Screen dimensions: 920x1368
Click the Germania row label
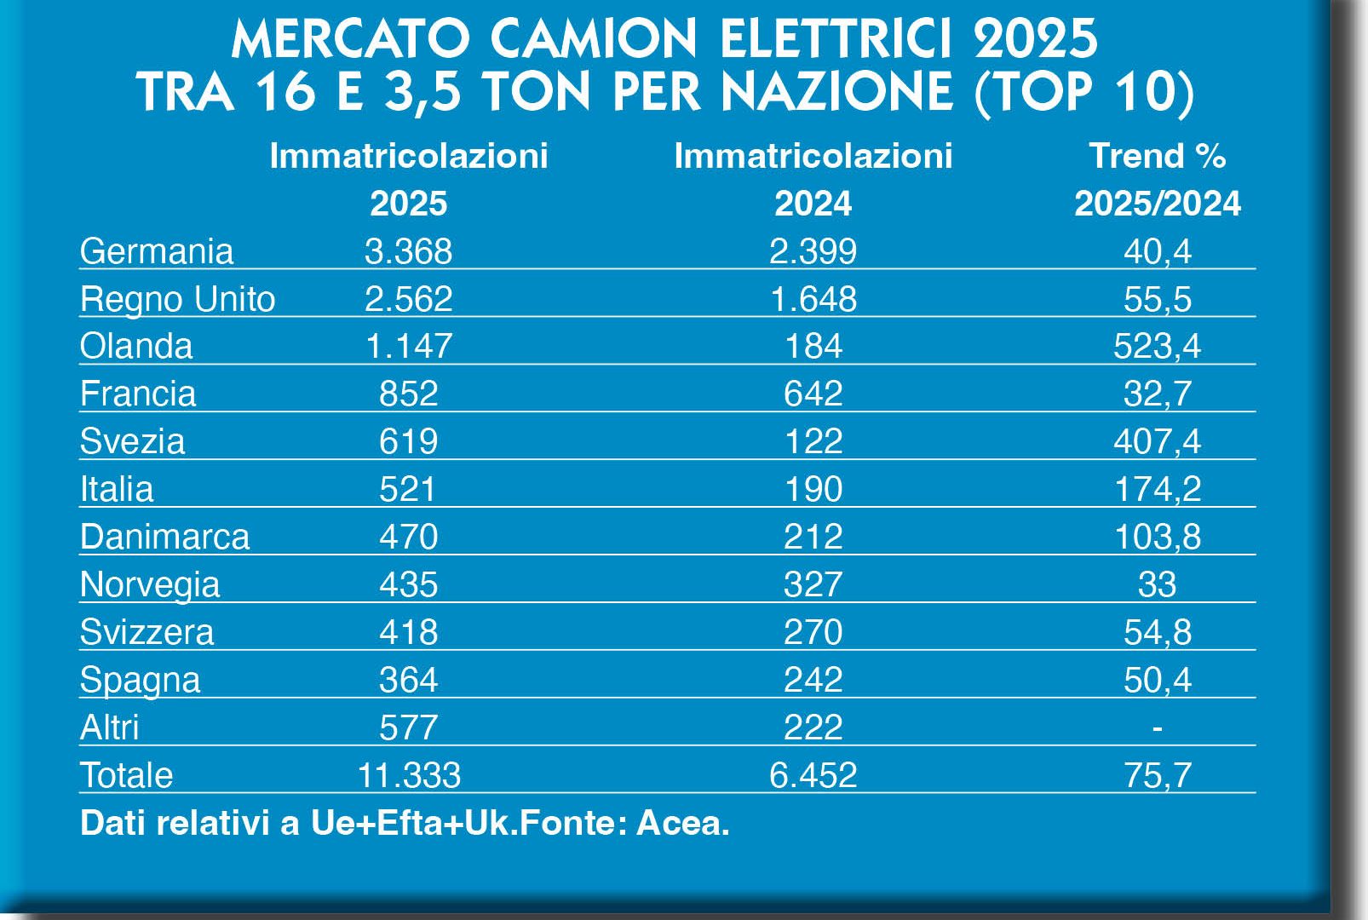point(156,251)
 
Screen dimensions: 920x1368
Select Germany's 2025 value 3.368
point(408,251)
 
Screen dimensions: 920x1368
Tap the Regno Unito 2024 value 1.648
point(813,299)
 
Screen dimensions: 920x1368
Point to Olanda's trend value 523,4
point(1157,346)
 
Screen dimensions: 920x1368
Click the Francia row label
point(138,394)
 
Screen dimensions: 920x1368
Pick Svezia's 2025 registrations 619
point(408,441)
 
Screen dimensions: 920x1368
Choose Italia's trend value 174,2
point(1157,489)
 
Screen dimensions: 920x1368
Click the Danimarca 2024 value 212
point(813,537)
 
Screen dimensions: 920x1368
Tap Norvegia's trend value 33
point(1157,584)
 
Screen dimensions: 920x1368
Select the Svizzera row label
point(147,632)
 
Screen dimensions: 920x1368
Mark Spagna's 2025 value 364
point(408,680)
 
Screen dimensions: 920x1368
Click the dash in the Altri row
point(1157,727)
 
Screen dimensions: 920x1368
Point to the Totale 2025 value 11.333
point(409,775)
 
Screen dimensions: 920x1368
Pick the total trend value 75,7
point(1157,775)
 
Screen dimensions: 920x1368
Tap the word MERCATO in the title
point(351,39)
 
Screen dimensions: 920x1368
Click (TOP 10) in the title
point(1083,92)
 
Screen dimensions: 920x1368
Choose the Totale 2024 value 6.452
point(813,775)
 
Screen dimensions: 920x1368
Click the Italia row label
point(117,489)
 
